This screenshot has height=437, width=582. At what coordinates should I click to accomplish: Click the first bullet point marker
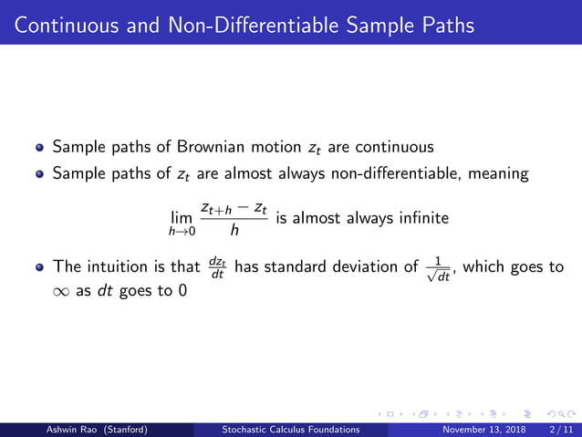pyautogui.click(x=39, y=146)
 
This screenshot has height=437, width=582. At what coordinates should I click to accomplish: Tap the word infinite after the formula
pyautogui.click(x=421, y=219)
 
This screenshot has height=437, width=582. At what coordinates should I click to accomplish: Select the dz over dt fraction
pyautogui.click(x=216, y=267)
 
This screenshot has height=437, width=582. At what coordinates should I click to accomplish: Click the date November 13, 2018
pyautogui.click(x=480, y=429)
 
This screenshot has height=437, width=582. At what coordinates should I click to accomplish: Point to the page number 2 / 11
pyautogui.click(x=558, y=429)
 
